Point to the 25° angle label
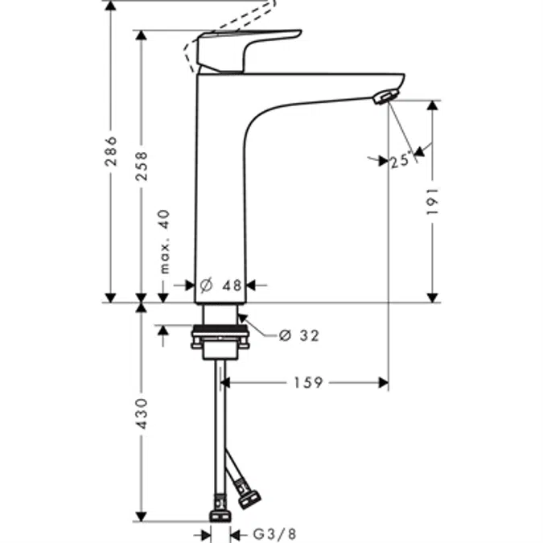pyautogui.click(x=400, y=161)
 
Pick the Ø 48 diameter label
pyautogui.click(x=220, y=285)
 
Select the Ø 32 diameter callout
pyautogui.click(x=298, y=335)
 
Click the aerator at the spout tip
pyautogui.click(x=384, y=97)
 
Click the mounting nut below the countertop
pyautogui.click(x=219, y=339)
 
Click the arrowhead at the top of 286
pyautogui.click(x=111, y=6)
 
